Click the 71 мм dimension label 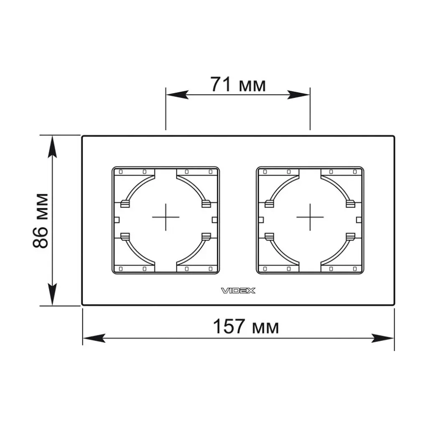pos(238,84)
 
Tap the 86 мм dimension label pos(41,221)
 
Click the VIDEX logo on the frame pos(238,291)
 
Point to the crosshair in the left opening pos(166,217)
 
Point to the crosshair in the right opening pos(310,217)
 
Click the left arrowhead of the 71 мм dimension pos(177,95)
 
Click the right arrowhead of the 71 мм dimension pos(298,95)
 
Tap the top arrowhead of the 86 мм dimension pos(52,147)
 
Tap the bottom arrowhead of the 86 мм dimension pos(52,294)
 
